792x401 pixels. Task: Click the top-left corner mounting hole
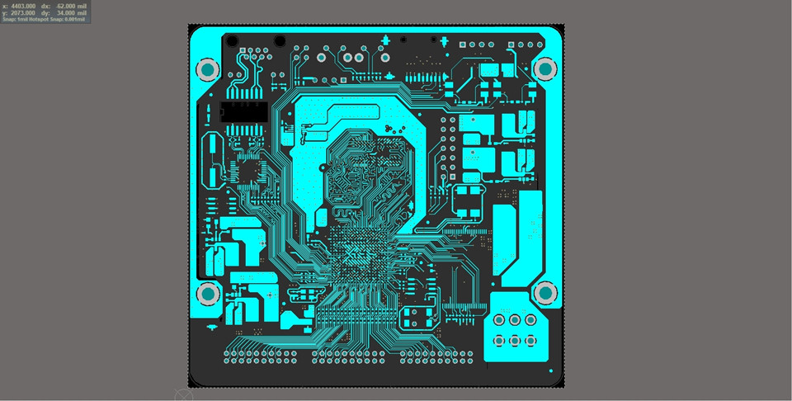[x=206, y=69]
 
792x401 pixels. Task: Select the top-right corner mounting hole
[x=544, y=69]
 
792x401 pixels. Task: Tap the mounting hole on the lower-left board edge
[x=208, y=292]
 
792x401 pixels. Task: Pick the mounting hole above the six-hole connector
[x=544, y=292]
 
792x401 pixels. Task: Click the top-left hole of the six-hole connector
[x=499, y=319]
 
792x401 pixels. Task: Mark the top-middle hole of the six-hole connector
[x=515, y=319]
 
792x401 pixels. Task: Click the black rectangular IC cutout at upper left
[x=244, y=110]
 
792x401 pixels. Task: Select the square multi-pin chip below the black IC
[x=247, y=172]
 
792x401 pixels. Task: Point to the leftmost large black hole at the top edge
[x=233, y=40]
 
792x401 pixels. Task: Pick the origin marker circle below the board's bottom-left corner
[x=184, y=395]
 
